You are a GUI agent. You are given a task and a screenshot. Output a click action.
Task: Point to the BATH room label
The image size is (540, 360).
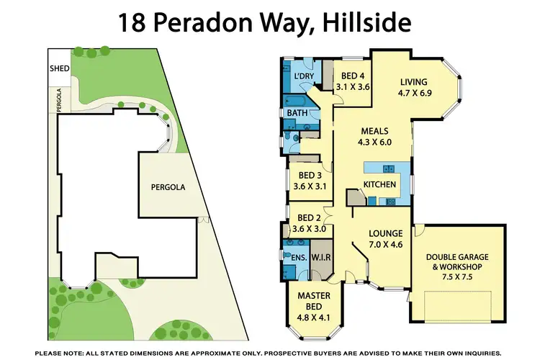297,113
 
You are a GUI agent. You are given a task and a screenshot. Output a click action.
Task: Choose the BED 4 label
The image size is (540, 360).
353,76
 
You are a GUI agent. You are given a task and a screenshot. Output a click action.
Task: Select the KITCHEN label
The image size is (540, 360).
379,185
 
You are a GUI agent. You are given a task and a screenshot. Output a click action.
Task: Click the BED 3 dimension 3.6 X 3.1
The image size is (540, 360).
310,186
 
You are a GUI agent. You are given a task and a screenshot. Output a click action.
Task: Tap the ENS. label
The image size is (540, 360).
299,257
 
